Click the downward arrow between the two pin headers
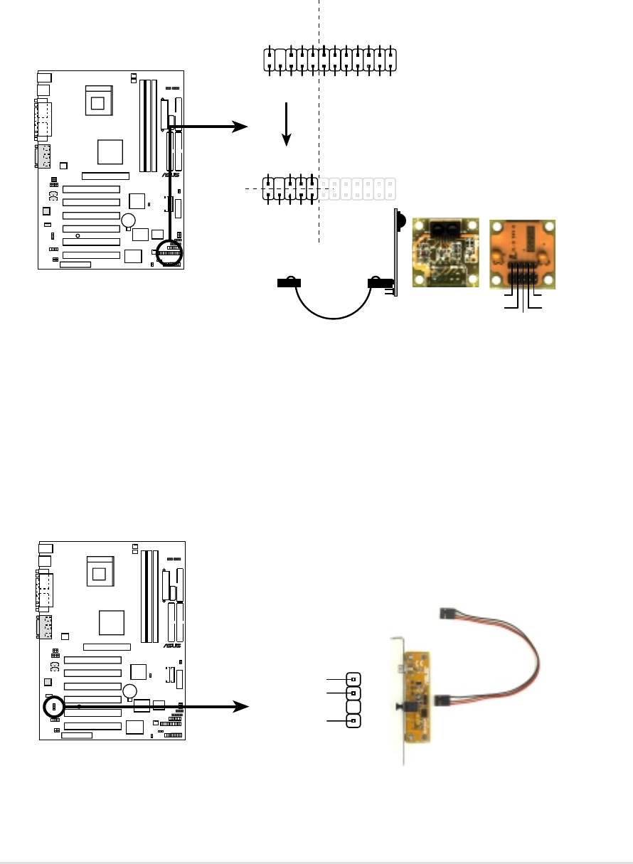(287, 124)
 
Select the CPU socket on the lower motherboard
(100, 572)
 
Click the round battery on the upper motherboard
(128, 220)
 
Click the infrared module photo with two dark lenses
(447, 252)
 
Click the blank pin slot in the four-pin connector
(353, 706)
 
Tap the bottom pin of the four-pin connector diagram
(353, 722)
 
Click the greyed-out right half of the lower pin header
(359, 188)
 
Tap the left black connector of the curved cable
(289, 283)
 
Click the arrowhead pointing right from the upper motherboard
(241, 127)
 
